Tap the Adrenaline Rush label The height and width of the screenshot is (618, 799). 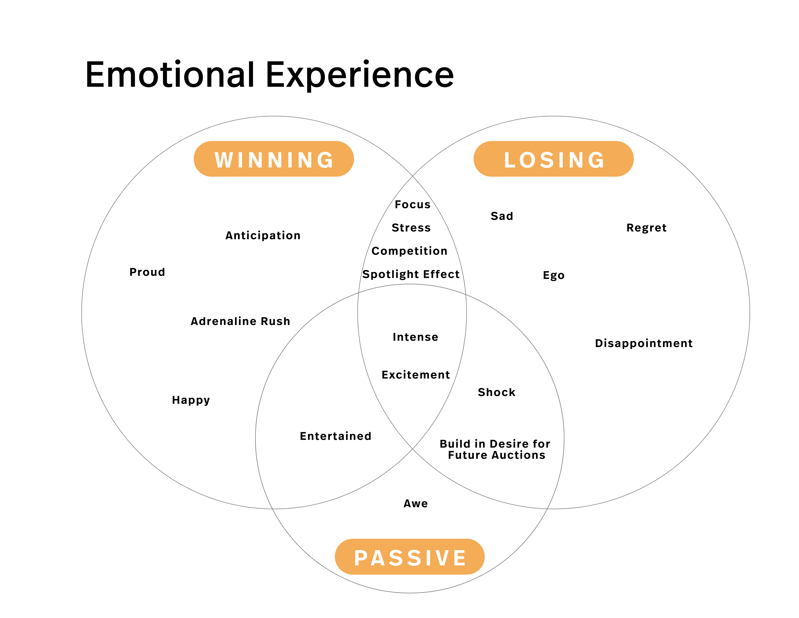point(240,321)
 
